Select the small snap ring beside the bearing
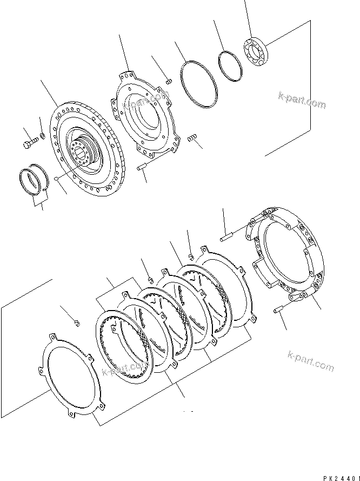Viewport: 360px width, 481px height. (x=231, y=67)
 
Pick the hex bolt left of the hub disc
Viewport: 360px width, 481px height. (x=30, y=143)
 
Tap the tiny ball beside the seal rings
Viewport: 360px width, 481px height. (x=56, y=178)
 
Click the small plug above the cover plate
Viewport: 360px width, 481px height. (x=168, y=81)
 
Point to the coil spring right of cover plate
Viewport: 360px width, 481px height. (x=191, y=140)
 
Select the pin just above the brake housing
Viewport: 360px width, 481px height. (x=226, y=235)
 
